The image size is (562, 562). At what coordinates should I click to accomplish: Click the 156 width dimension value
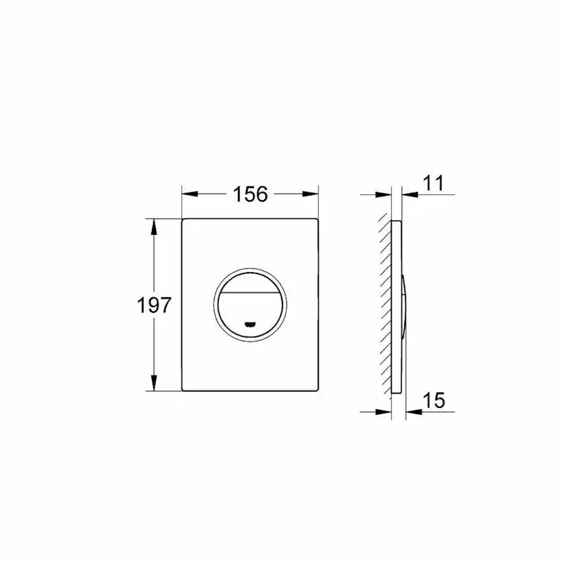(x=250, y=194)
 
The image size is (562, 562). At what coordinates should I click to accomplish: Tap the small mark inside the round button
(x=250, y=324)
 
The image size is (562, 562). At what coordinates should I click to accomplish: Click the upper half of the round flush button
(x=250, y=280)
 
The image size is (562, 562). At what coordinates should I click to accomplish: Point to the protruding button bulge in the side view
(x=405, y=305)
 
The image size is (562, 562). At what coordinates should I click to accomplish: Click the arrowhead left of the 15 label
(x=410, y=411)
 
